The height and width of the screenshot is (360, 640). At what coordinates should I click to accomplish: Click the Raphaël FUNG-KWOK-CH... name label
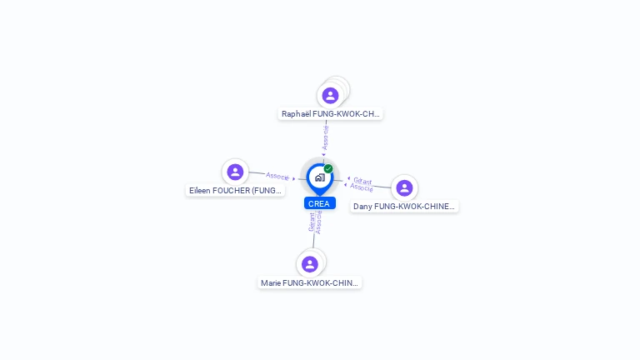(x=330, y=114)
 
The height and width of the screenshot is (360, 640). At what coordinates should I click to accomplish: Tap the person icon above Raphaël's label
(x=330, y=96)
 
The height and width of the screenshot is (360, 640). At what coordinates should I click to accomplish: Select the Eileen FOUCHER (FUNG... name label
(x=235, y=191)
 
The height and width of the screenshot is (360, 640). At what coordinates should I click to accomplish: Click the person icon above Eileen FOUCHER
(x=235, y=172)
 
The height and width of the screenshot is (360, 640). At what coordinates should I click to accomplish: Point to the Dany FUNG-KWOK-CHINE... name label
(x=404, y=207)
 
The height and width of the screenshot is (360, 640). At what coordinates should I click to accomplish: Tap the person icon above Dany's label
(x=404, y=187)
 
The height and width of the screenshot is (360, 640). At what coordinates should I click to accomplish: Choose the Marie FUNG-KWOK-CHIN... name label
(x=309, y=282)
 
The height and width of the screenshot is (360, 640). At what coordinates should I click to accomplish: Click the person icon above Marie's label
(x=310, y=264)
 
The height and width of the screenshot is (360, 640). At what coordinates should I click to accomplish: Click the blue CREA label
(x=320, y=203)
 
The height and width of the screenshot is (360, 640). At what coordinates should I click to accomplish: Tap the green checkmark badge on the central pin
(x=328, y=168)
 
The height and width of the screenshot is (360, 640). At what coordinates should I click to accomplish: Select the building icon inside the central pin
(x=320, y=177)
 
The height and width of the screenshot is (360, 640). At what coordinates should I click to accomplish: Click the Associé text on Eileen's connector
(x=277, y=176)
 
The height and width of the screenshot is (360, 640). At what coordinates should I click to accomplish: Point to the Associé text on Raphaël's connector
(x=325, y=137)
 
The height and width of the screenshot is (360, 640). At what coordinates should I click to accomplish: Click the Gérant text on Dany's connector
(x=362, y=181)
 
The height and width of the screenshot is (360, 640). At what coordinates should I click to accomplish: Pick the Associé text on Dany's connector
(x=361, y=187)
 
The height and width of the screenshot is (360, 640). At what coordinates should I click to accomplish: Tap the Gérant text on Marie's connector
(x=312, y=222)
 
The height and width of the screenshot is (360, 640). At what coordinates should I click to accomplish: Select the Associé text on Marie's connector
(x=318, y=222)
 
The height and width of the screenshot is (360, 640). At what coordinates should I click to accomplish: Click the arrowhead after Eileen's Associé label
(x=293, y=179)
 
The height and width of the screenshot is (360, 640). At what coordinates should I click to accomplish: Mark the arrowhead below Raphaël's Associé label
(x=323, y=154)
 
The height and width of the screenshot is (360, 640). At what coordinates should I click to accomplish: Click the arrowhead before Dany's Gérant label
(x=348, y=178)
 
